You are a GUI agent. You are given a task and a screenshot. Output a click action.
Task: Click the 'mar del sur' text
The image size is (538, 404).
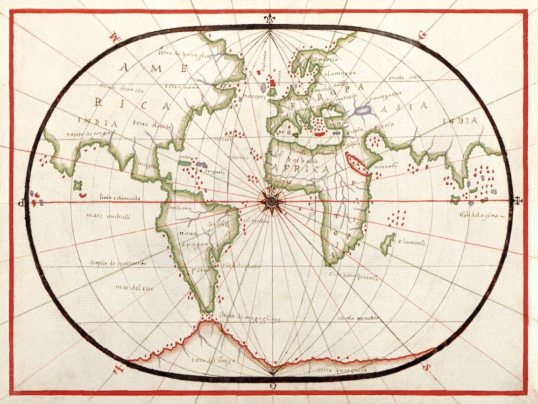[134, 288]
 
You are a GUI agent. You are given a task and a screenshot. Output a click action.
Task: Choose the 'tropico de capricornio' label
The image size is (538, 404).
[118, 263]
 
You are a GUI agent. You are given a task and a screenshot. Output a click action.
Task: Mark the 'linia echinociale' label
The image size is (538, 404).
[119, 198]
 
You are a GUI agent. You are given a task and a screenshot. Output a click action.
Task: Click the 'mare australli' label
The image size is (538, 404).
[108, 216]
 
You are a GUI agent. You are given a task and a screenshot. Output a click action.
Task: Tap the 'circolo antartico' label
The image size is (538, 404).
[358, 318]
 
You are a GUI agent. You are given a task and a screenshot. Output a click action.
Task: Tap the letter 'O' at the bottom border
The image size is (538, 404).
[273, 386]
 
